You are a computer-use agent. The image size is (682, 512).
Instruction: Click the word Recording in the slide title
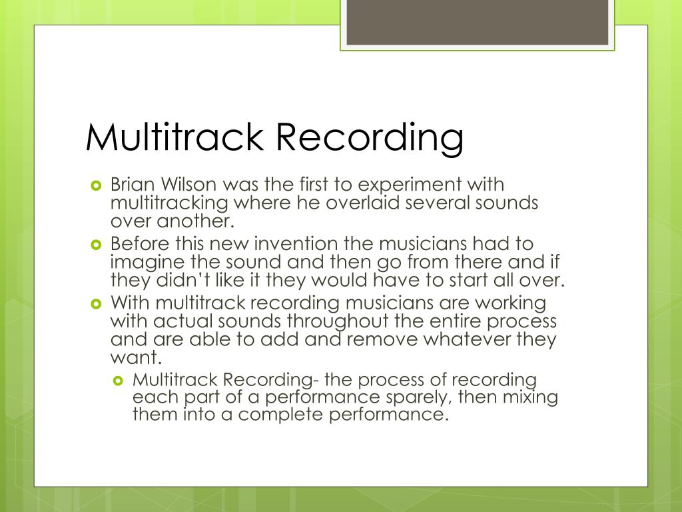pos(370,138)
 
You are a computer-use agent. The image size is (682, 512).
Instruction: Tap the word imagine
pos(144,262)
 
